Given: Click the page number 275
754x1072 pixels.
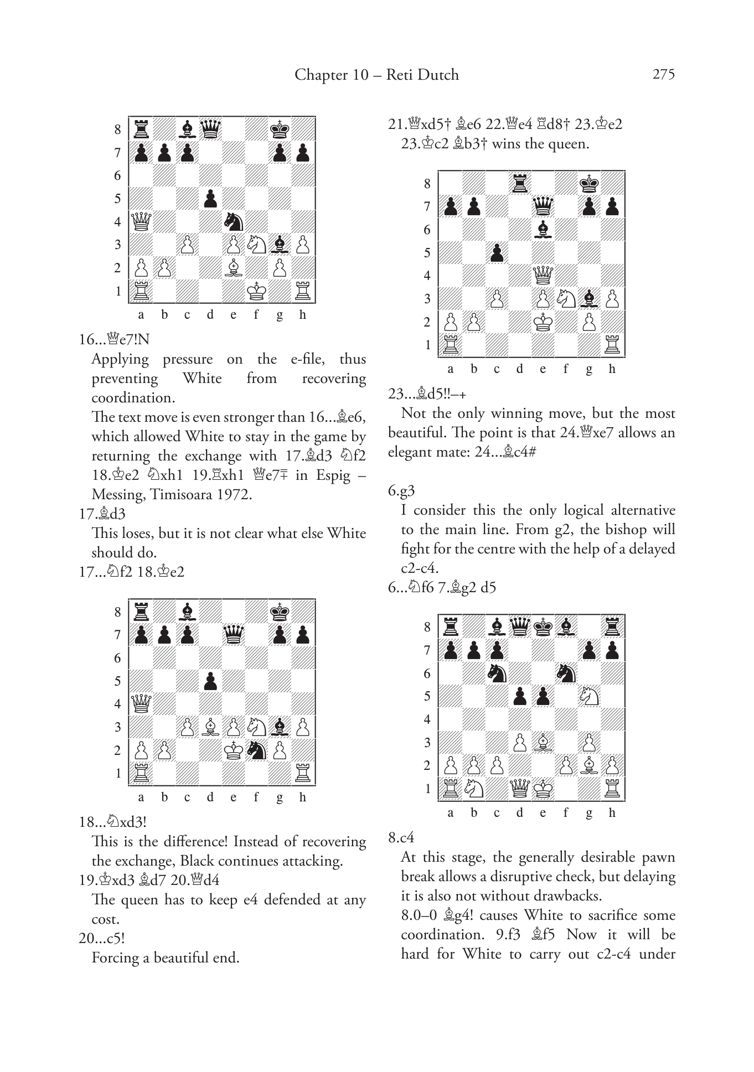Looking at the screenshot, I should (663, 75).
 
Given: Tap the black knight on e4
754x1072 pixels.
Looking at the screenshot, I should (233, 222).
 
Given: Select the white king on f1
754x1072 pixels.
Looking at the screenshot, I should (256, 291).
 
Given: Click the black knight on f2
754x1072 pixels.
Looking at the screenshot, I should (256, 750).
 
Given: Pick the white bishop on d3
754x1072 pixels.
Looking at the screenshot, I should (210, 727).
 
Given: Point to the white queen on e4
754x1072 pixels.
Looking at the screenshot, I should (543, 275).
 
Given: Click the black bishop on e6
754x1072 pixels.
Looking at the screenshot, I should (543, 230).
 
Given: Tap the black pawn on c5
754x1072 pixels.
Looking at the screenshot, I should (497, 252).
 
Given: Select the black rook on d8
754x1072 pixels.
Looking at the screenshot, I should (520, 183).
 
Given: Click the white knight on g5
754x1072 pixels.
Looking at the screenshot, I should (589, 696).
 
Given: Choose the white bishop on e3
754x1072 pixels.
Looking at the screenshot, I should (543, 742).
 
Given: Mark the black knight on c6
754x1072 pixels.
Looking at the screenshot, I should (497, 673).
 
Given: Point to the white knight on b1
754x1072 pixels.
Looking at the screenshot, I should (474, 788).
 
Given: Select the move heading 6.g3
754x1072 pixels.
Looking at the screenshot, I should (402, 490).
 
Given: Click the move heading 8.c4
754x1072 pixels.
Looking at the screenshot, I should (401, 837).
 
